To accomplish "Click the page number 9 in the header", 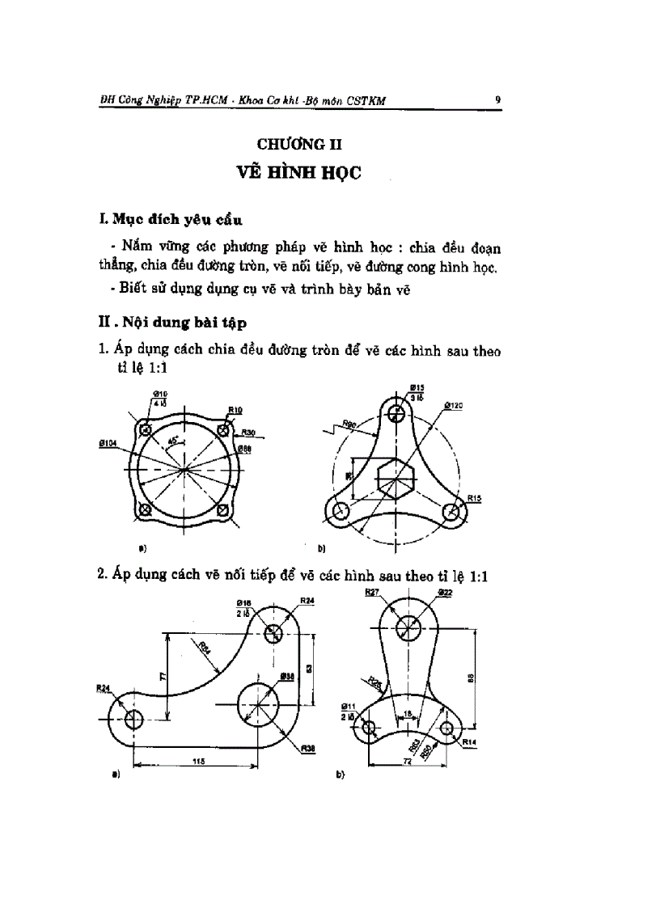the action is coord(497,100).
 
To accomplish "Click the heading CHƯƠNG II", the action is coord(299,145).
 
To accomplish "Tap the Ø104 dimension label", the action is coord(101,444).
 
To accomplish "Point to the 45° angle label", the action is coord(172,441).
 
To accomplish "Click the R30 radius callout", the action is coord(247,433).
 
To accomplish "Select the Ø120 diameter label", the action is coord(453,405).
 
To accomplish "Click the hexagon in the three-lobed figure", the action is coord(396,478).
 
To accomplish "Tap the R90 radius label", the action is coord(350,423).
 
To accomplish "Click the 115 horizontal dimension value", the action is coord(197,761).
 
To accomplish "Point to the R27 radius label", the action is coord(372,593).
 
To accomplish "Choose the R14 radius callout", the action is coord(469,739).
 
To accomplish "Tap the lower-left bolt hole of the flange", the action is coord(146,509).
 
